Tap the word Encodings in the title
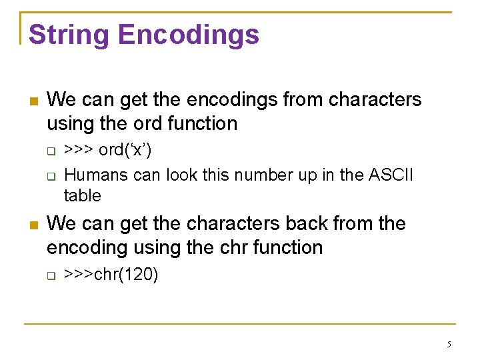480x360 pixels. coord(190,35)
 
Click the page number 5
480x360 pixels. coord(449,345)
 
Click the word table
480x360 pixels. coord(82,196)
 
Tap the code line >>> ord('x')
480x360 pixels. coord(107,151)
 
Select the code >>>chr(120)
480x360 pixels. coord(111,275)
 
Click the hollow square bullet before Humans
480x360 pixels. coord(51,176)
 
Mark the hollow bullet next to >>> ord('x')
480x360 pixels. coord(51,151)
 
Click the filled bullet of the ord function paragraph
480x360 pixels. coord(33,102)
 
